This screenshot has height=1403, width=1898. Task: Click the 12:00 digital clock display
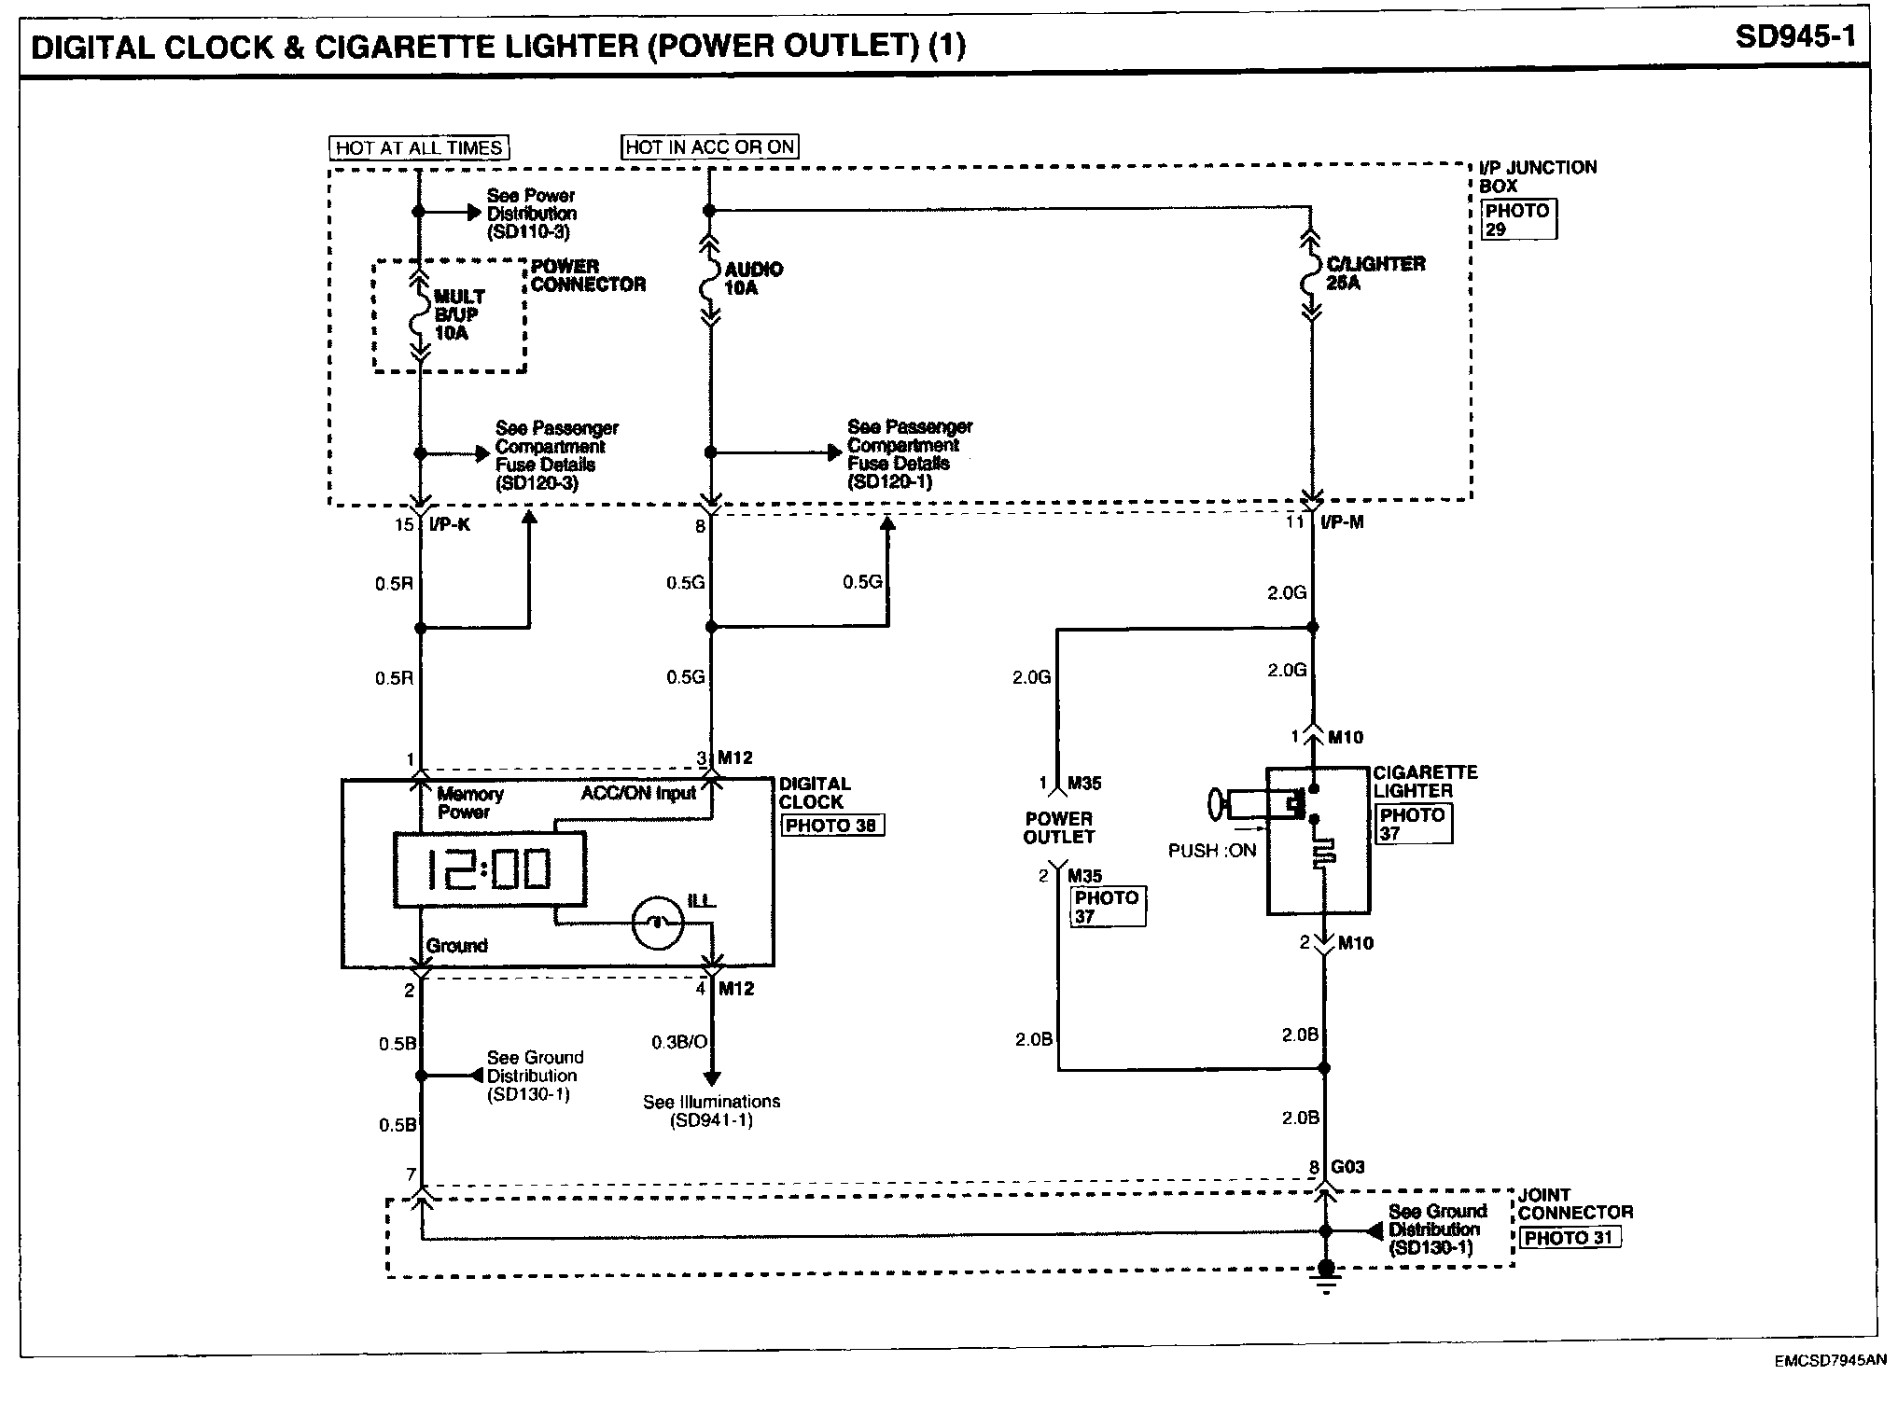tap(490, 869)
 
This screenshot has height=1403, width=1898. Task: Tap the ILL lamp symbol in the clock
tap(657, 924)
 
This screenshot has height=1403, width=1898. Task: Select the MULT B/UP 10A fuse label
tap(458, 315)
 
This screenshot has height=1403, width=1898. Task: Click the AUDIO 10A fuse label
tap(752, 278)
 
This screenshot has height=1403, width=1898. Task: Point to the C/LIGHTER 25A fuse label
tap(1375, 272)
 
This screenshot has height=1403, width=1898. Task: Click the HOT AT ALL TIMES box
tap(419, 147)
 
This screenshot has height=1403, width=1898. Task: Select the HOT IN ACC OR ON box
tap(709, 146)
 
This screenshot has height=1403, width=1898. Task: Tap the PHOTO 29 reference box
tap(1517, 220)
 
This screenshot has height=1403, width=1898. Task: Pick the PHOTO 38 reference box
tap(830, 826)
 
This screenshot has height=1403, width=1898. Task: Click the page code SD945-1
tap(1795, 38)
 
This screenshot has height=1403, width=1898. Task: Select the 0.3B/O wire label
tap(679, 1041)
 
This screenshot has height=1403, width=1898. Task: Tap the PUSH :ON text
tap(1212, 851)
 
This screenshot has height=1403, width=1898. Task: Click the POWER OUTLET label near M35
tap(1058, 827)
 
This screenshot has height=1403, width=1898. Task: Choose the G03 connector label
tap(1347, 1167)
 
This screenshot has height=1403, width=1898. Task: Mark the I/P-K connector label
tap(450, 524)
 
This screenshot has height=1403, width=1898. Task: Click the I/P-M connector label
tap(1342, 522)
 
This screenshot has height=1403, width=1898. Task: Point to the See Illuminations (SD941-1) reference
tap(711, 1111)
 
